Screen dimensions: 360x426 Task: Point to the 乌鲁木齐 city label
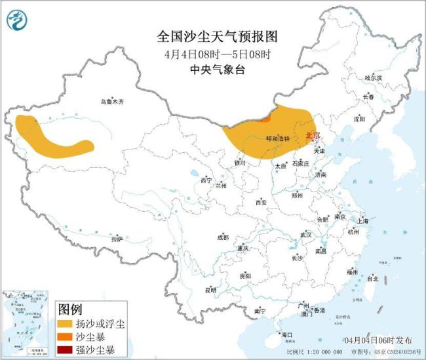(111, 102)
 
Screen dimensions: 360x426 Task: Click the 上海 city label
(364, 221)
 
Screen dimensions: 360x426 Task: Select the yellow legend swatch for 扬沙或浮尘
(66, 325)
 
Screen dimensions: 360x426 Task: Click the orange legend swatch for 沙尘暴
(66, 337)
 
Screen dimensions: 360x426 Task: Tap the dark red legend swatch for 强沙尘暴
(66, 350)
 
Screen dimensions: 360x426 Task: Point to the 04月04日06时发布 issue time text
(378, 341)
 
